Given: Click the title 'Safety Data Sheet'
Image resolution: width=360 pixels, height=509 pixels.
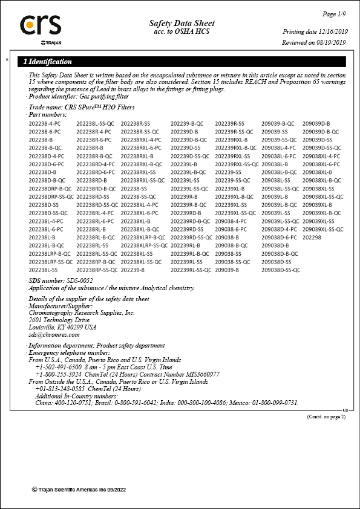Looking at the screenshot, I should tap(182, 23).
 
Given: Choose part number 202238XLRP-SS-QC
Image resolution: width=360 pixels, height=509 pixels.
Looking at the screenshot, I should tap(144, 245).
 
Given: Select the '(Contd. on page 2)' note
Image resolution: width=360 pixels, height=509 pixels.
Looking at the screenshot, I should tap(326, 417).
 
